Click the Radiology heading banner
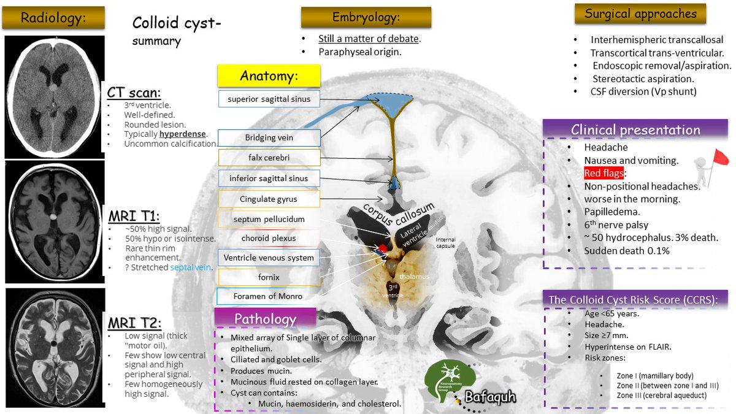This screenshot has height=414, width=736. click(x=53, y=18)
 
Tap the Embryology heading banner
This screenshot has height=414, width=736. click(x=366, y=17)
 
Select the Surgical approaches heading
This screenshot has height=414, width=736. click(x=640, y=14)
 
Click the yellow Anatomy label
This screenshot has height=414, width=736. click(x=269, y=76)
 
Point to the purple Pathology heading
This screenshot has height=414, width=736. click(x=265, y=319)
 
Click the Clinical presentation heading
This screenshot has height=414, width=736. click(x=635, y=130)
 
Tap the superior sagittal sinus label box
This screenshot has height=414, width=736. click(x=269, y=99)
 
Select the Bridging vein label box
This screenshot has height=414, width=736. click(x=269, y=137)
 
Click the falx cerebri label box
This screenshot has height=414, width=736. click(x=269, y=158)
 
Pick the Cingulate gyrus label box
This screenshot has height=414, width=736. click(x=269, y=199)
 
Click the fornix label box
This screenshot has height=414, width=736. click(x=269, y=277)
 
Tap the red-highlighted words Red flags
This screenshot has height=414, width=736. click(x=604, y=174)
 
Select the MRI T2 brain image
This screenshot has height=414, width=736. click(x=53, y=348)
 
